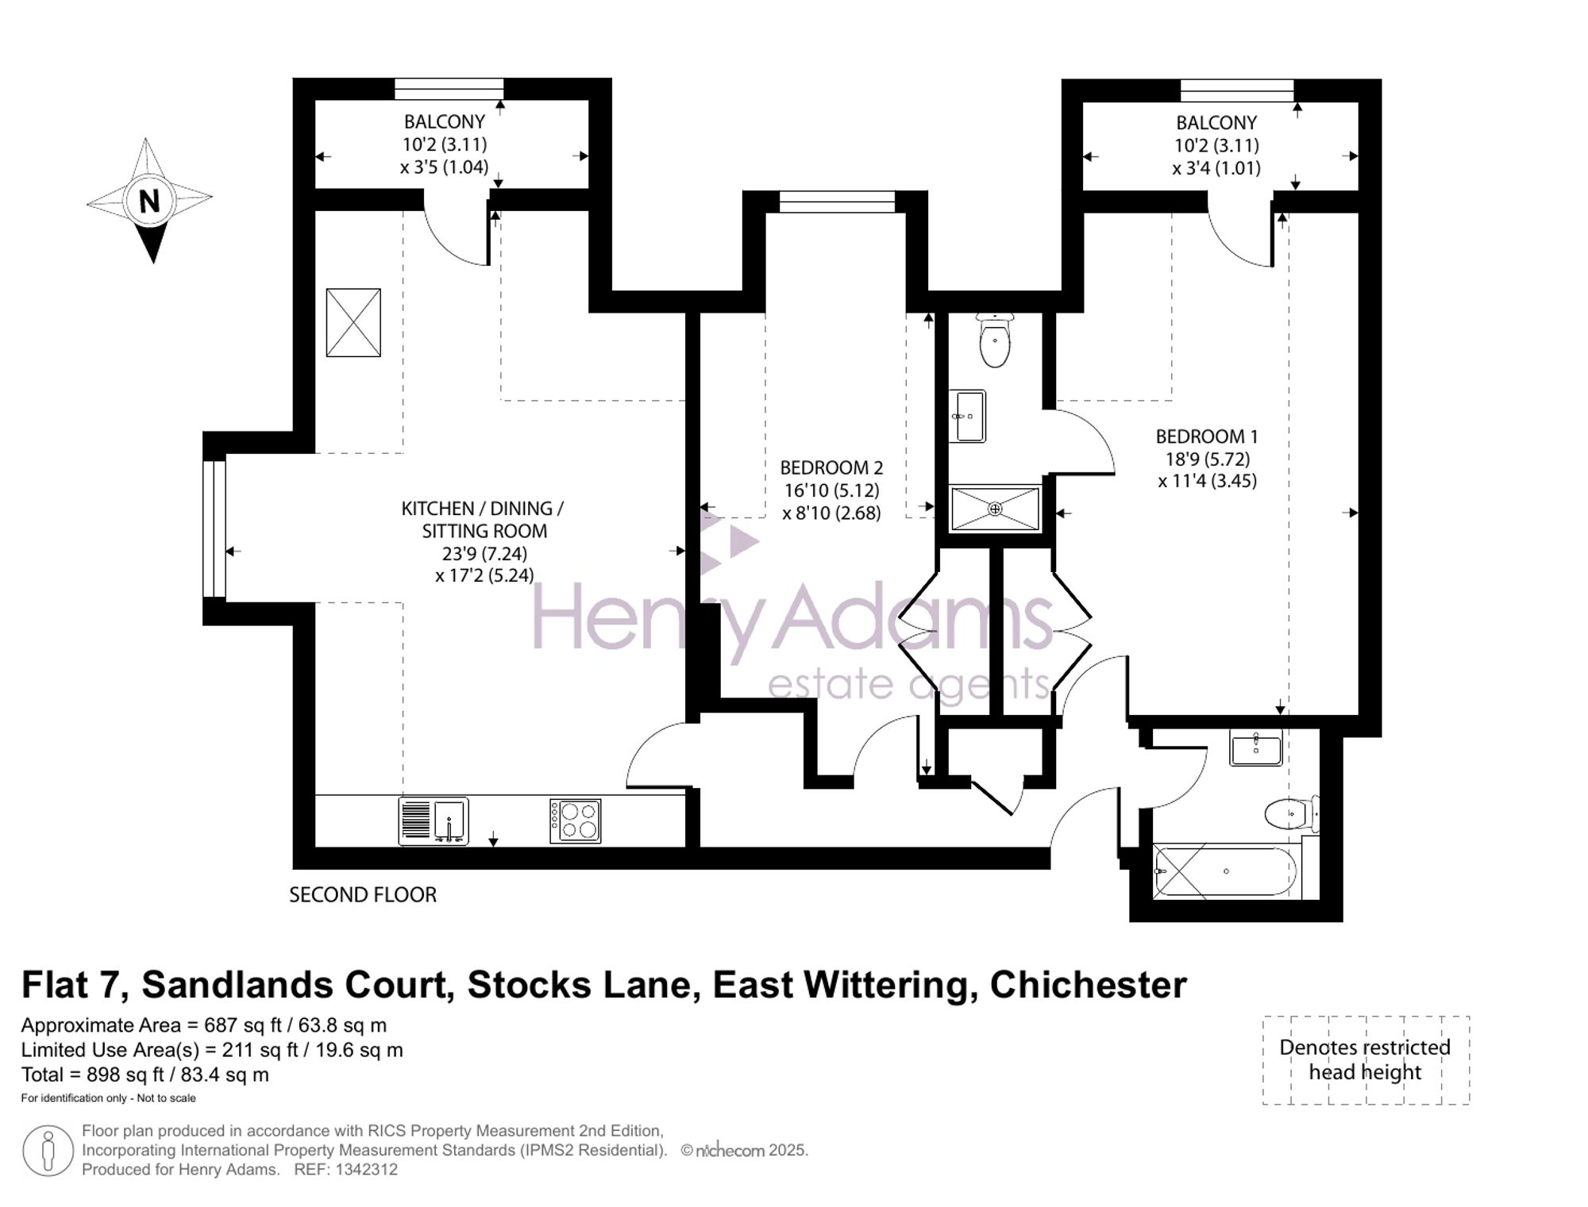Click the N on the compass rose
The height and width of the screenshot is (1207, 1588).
[x=149, y=202]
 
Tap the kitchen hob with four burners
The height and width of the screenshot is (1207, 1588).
[x=576, y=821]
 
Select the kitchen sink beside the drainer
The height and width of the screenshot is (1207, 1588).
[x=450, y=821]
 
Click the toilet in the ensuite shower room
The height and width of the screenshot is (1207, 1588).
[x=995, y=340]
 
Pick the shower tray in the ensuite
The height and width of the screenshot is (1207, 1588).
[x=996, y=509]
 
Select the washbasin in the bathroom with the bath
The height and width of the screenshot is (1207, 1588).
[x=1255, y=748]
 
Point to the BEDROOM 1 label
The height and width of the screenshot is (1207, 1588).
[x=1207, y=436]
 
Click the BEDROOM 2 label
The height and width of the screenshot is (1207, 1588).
[x=831, y=467]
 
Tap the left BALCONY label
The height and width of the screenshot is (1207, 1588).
[x=444, y=121]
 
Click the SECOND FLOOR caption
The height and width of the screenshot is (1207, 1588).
[x=363, y=895]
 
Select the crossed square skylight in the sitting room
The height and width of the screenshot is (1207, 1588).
[x=353, y=322]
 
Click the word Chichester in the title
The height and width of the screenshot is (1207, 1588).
[x=1088, y=986]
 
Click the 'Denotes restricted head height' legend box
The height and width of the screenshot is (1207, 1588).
[x=1366, y=1060]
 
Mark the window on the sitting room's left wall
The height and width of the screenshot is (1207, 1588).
[x=214, y=529]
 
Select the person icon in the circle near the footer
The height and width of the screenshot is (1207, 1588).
[x=48, y=1151]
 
